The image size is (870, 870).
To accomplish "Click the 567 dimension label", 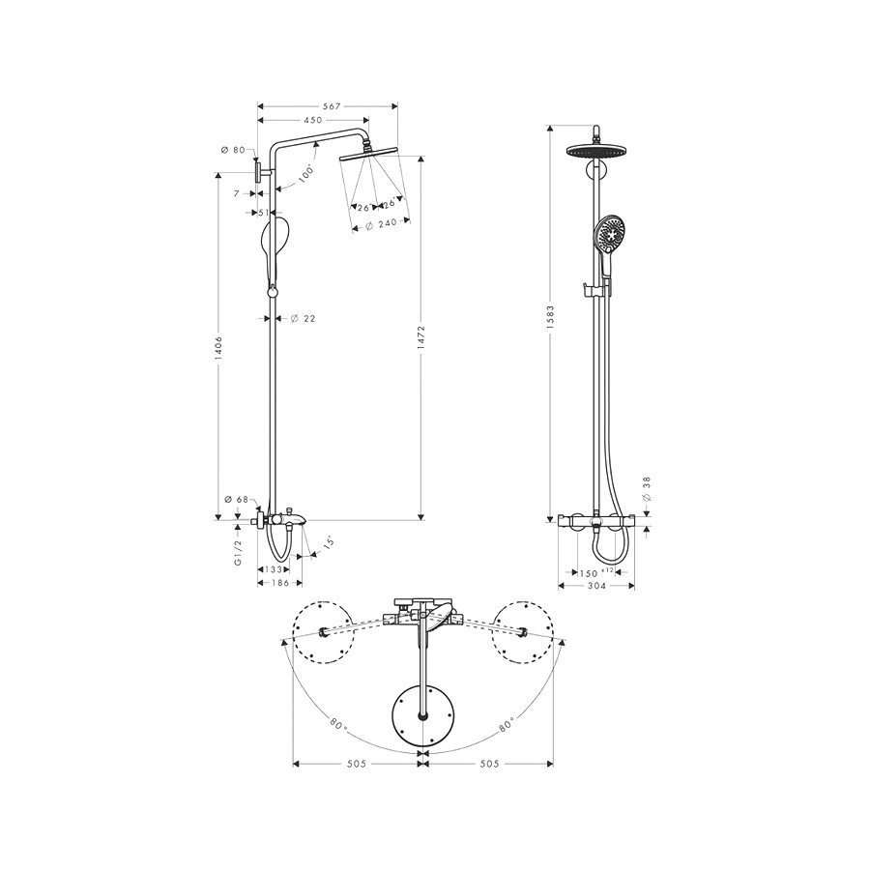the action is (332, 106).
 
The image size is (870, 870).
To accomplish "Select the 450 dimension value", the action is (313, 120).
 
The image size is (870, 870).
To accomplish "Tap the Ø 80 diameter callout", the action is (233, 150).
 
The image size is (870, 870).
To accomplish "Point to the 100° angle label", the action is (305, 174).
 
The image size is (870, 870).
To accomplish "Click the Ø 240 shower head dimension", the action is (382, 223).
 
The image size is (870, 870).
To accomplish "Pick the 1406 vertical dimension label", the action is (219, 349).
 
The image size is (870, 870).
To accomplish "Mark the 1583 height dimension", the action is (550, 317).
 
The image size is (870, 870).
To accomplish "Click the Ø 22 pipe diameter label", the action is (303, 318).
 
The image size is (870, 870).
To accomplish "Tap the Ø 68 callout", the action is (237, 500).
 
